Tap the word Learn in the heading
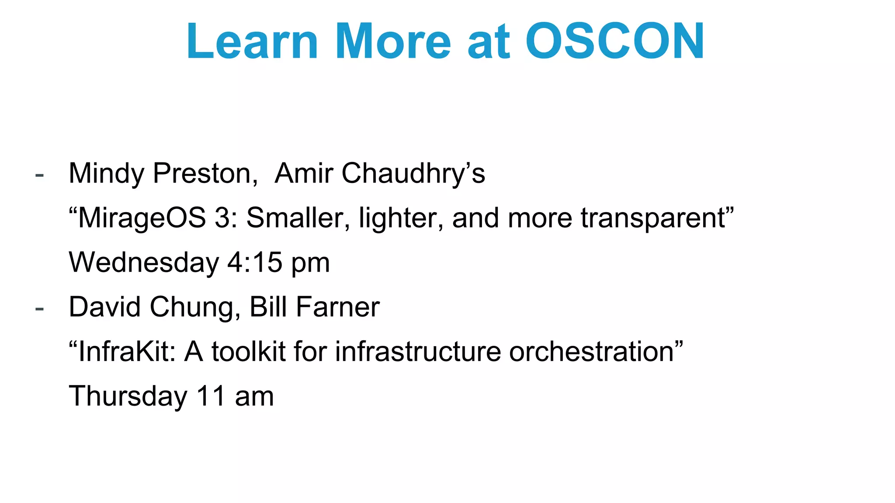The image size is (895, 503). click(x=252, y=41)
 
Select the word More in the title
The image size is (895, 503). click(x=392, y=41)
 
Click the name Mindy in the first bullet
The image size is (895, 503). click(x=107, y=174)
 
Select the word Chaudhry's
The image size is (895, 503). click(x=413, y=174)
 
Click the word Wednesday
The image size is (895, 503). click(x=144, y=263)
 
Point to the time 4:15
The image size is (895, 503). click(x=255, y=263)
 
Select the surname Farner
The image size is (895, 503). click(x=338, y=307)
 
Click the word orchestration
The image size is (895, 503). click(x=591, y=351)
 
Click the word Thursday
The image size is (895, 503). click(x=128, y=396)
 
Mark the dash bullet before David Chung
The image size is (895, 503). click(x=40, y=309)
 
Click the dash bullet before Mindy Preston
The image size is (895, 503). click(x=40, y=176)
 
